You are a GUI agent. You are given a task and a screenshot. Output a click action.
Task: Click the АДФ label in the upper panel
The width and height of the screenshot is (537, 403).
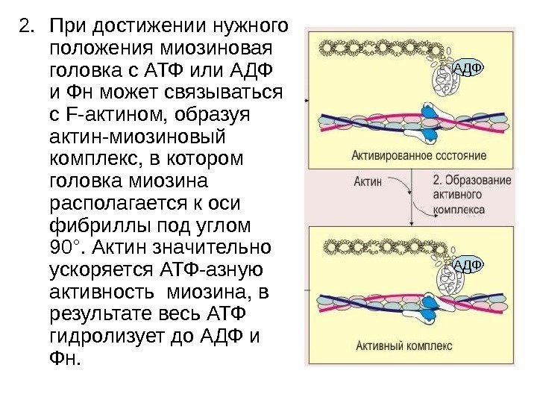click(x=467, y=70)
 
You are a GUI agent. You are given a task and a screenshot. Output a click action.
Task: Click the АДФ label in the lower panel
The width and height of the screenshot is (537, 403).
click(x=467, y=265)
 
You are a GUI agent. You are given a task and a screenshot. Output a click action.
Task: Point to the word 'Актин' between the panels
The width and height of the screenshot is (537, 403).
click(x=368, y=181)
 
